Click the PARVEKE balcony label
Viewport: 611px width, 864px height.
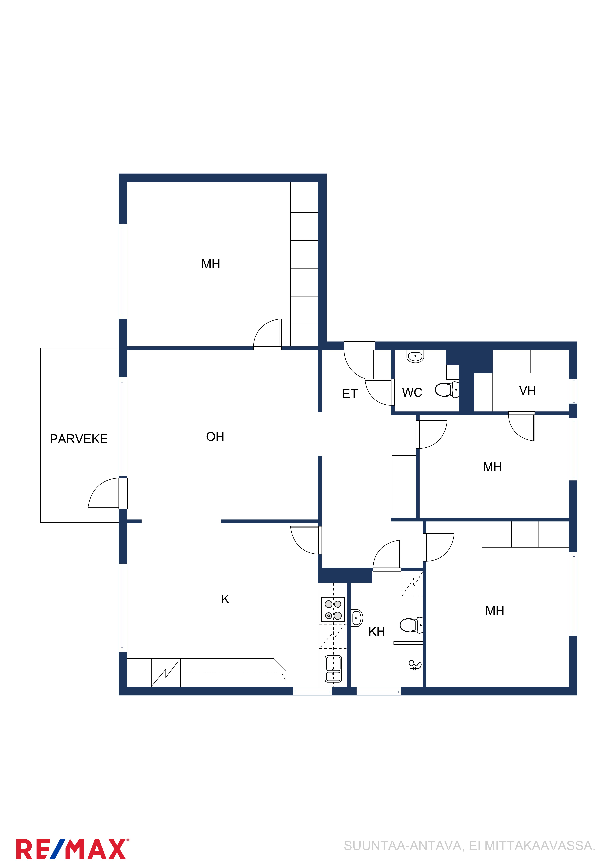click(79, 439)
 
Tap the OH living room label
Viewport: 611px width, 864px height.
click(215, 436)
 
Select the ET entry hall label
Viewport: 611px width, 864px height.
click(350, 394)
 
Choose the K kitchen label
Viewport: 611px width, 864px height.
click(225, 599)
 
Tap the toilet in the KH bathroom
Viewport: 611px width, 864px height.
click(411, 625)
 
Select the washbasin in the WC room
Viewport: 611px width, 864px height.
click(415, 356)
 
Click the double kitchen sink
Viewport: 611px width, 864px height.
click(333, 669)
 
